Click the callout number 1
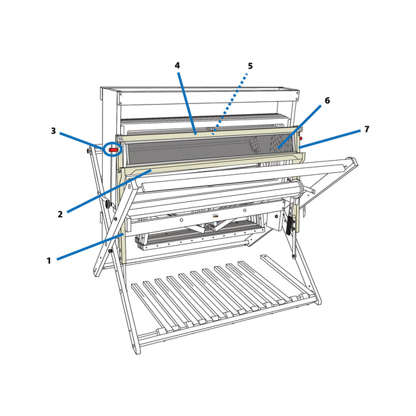pyautogui.click(x=49, y=259)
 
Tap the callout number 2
pyautogui.click(x=60, y=215)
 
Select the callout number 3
pyautogui.click(x=53, y=131)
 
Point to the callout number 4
pyautogui.click(x=177, y=66)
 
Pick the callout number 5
pyautogui.click(x=250, y=66)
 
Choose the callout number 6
pyautogui.click(x=327, y=101)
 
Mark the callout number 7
pyautogui.click(x=367, y=129)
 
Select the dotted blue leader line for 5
pyautogui.click(x=230, y=102)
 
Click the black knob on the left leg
pyautogui.click(x=106, y=203)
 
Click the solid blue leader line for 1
pyautogui.click(x=88, y=247)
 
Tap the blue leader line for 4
pyautogui.click(x=188, y=101)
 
